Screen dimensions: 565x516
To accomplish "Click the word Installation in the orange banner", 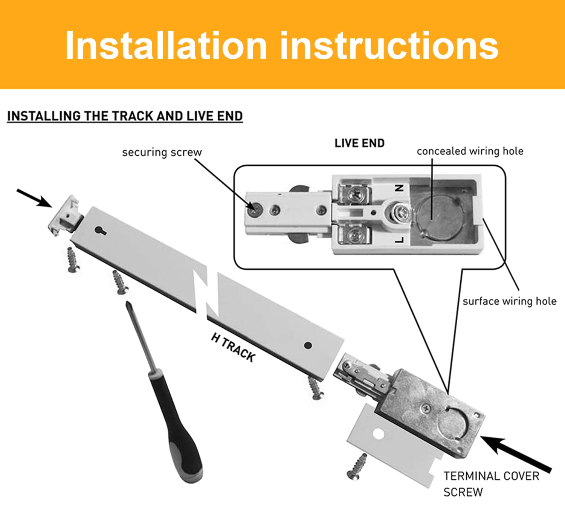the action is point(166,45).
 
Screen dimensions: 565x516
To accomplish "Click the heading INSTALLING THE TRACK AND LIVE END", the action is point(125,116).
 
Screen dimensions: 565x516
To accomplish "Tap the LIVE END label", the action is point(359,144).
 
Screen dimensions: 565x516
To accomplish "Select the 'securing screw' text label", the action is point(162,153).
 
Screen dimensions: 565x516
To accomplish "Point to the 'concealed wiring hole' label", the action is point(470,151).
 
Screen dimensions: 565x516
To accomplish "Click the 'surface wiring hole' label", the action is point(510,301).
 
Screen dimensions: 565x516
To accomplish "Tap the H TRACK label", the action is point(234,347).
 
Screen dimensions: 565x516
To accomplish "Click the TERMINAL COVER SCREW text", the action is point(491,484).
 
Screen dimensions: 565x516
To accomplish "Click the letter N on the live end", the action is point(399,188).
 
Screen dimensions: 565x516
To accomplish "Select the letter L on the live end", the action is point(399,240).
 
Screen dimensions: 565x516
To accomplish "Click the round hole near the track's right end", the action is point(308,345).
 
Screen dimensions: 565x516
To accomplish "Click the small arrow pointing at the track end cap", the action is point(35,198).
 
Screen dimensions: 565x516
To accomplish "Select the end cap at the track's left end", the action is point(65,215).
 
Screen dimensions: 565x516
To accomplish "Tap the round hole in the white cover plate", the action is point(379,434).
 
